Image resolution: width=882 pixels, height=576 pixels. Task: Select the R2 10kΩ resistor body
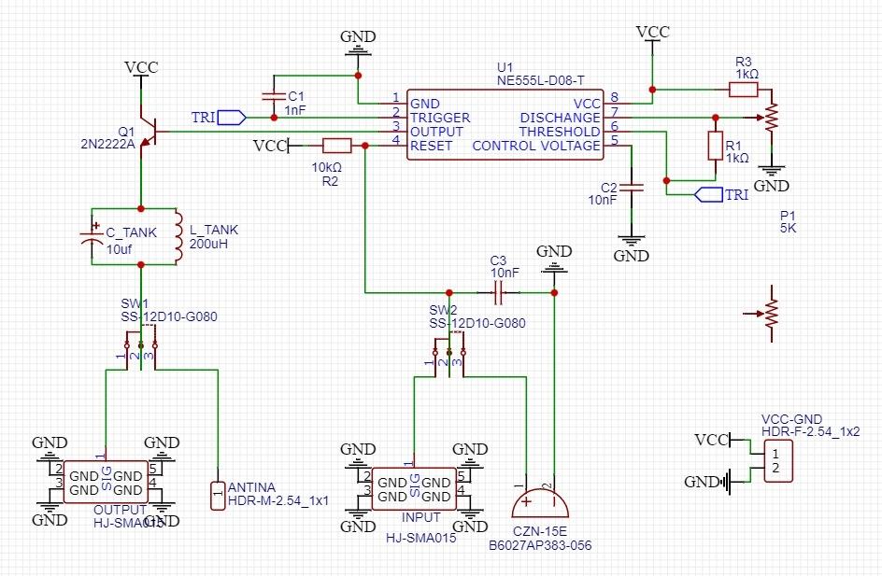point(336,146)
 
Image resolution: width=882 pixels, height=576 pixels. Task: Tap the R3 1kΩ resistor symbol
point(743,90)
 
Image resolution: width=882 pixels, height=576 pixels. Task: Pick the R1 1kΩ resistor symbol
point(716,146)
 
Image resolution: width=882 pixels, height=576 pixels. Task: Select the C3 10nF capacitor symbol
point(497,293)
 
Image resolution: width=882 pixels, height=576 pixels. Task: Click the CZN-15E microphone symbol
point(541,505)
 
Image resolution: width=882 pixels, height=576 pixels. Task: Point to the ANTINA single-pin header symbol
point(217,489)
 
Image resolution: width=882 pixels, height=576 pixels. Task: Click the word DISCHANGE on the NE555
point(560,118)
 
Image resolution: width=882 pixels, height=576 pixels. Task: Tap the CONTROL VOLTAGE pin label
point(536,146)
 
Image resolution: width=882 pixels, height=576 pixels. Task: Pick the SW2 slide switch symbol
point(450,350)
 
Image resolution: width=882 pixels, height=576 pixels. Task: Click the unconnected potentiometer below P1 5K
point(770,313)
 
